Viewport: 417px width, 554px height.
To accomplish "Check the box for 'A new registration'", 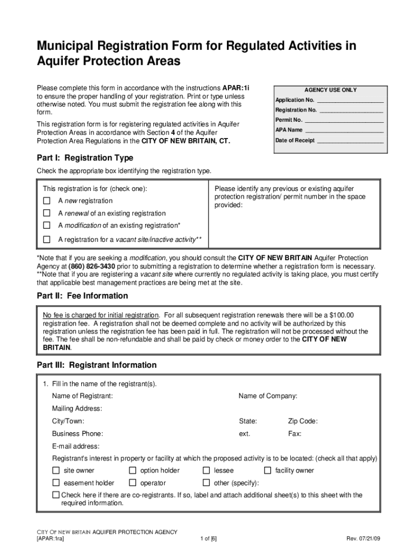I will (x=47, y=201).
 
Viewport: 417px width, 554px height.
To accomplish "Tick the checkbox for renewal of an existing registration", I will (x=47, y=213).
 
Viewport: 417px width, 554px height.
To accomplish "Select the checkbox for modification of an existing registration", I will (x=47, y=225).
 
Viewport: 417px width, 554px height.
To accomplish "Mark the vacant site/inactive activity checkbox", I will (x=47, y=239).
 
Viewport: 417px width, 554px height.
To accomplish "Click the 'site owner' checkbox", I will (x=56, y=470).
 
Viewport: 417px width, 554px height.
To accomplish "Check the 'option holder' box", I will (x=133, y=470).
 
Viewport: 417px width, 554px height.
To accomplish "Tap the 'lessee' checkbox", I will (x=206, y=470).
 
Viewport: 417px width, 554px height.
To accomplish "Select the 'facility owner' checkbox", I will (x=268, y=470).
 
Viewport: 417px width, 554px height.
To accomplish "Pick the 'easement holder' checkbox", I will (x=56, y=483).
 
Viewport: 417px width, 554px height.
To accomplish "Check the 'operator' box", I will (x=133, y=483).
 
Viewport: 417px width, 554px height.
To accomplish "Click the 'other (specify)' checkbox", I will (x=206, y=483).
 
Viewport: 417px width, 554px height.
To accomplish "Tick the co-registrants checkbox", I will (x=56, y=495).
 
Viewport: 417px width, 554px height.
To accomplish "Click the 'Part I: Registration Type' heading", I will (x=84, y=158).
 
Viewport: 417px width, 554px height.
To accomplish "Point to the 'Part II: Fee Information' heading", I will (x=82, y=296).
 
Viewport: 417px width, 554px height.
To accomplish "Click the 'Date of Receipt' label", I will (x=295, y=140).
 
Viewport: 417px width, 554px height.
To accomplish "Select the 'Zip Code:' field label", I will (x=303, y=421).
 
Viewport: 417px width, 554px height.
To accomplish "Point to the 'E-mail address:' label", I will (x=76, y=446).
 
